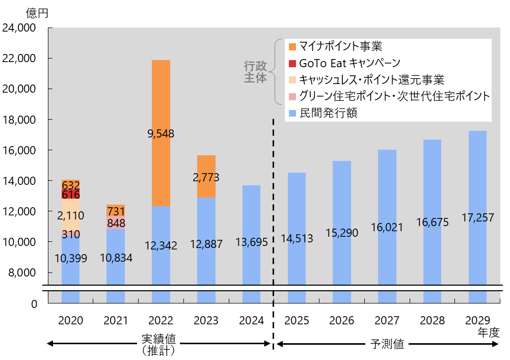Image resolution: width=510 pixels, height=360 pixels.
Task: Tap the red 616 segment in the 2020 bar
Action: click(x=70, y=195)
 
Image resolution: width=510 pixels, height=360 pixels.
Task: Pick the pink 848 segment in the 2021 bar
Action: click(x=116, y=223)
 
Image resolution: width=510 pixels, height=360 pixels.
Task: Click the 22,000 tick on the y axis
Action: click(x=19, y=59)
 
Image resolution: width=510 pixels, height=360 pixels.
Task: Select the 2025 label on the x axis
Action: click(x=297, y=321)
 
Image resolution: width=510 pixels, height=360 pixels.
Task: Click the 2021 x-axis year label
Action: click(x=116, y=321)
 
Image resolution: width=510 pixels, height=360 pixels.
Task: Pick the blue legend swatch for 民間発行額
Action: click(x=292, y=113)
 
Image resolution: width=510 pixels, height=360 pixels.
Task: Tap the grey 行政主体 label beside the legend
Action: click(x=256, y=72)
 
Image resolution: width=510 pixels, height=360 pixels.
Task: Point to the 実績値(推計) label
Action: click(x=158, y=344)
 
